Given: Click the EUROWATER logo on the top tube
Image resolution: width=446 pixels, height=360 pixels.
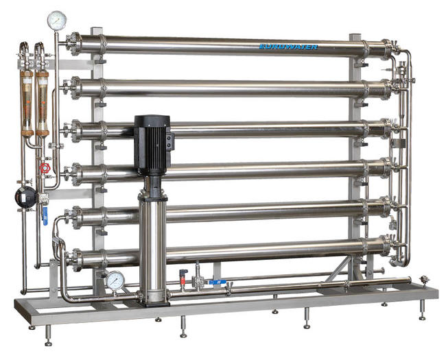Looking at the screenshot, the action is pyautogui.click(x=288, y=47).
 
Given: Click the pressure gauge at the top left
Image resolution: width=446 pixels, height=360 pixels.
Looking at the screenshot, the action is pyautogui.click(x=57, y=21).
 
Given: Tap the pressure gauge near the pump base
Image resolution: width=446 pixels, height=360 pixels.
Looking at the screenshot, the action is pyautogui.click(x=115, y=280).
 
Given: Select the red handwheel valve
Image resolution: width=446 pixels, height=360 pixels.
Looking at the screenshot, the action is pyautogui.click(x=45, y=168).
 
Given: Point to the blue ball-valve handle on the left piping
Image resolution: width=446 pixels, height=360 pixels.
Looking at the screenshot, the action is pyautogui.click(x=45, y=216).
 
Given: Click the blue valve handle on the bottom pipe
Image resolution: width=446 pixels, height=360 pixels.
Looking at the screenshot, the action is pyautogui.click(x=218, y=282).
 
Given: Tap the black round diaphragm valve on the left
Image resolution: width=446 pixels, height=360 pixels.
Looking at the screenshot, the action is pyautogui.click(x=25, y=197).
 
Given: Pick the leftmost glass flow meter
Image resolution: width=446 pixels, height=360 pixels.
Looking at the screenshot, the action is pyautogui.click(x=27, y=103).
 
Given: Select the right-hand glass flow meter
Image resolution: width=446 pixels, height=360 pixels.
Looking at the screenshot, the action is pyautogui.click(x=43, y=103).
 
